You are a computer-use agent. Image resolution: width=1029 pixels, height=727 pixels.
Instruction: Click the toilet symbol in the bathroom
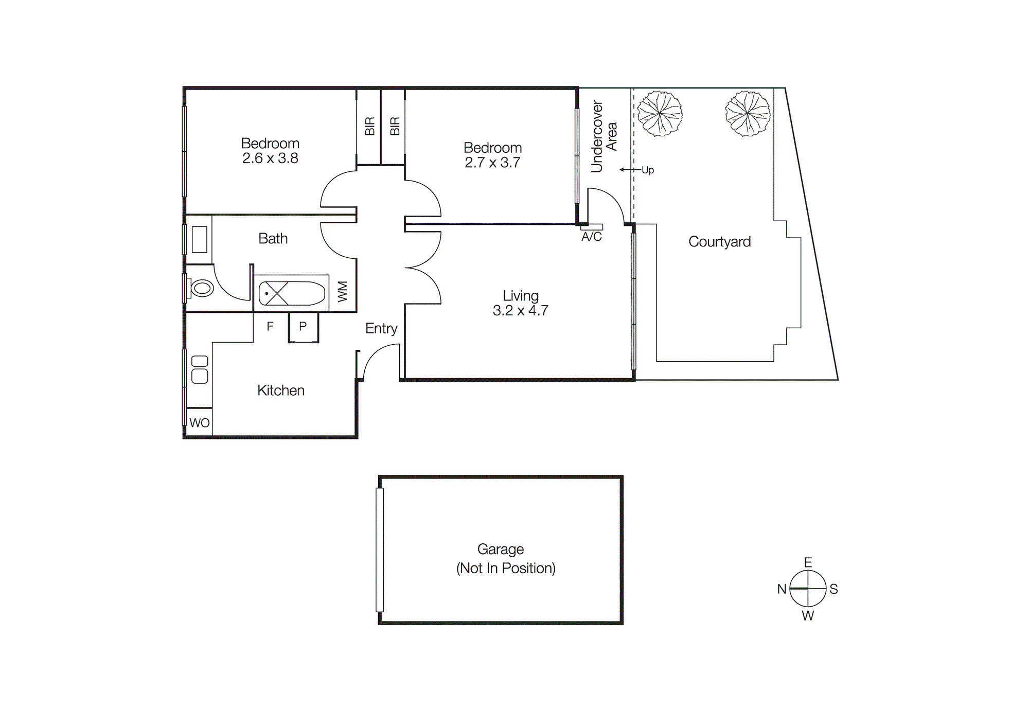pyautogui.click(x=202, y=288)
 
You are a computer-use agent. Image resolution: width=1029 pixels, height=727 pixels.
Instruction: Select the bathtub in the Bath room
pyautogui.click(x=292, y=294)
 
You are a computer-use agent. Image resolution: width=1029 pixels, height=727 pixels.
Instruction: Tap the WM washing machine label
pyautogui.click(x=343, y=291)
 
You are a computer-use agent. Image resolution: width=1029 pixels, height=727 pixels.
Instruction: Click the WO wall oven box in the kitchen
pyautogui.click(x=199, y=423)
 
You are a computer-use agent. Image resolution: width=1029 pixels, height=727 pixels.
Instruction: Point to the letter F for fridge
pyautogui.click(x=270, y=326)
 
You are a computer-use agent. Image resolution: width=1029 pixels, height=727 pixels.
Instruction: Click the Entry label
pyautogui.click(x=381, y=328)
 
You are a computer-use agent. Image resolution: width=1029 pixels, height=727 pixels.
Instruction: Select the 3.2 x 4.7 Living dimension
pyautogui.click(x=520, y=311)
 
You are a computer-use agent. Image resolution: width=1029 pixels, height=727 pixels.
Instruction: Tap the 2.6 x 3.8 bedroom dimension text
pyautogui.click(x=270, y=158)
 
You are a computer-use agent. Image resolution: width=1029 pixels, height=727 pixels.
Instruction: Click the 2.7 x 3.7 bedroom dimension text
pyautogui.click(x=492, y=163)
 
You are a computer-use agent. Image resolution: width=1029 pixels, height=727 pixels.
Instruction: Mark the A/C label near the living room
pyautogui.click(x=591, y=237)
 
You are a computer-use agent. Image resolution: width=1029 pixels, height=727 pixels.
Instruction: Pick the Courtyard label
pyautogui.click(x=719, y=242)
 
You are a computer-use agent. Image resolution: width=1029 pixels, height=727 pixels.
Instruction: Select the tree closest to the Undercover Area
pyautogui.click(x=660, y=114)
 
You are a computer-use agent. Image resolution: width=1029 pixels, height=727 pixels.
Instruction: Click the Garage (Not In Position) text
pyautogui.click(x=505, y=559)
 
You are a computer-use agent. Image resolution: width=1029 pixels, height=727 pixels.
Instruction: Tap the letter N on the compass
pyautogui.click(x=782, y=589)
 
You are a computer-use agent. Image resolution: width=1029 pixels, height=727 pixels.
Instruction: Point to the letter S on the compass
pyautogui.click(x=834, y=589)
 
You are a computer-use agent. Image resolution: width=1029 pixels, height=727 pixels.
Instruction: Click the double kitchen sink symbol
pyautogui.click(x=200, y=369)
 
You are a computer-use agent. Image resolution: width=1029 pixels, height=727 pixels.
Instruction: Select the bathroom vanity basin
pyautogui.click(x=200, y=239)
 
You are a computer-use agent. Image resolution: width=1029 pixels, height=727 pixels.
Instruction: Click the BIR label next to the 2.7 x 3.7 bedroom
pyautogui.click(x=395, y=126)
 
